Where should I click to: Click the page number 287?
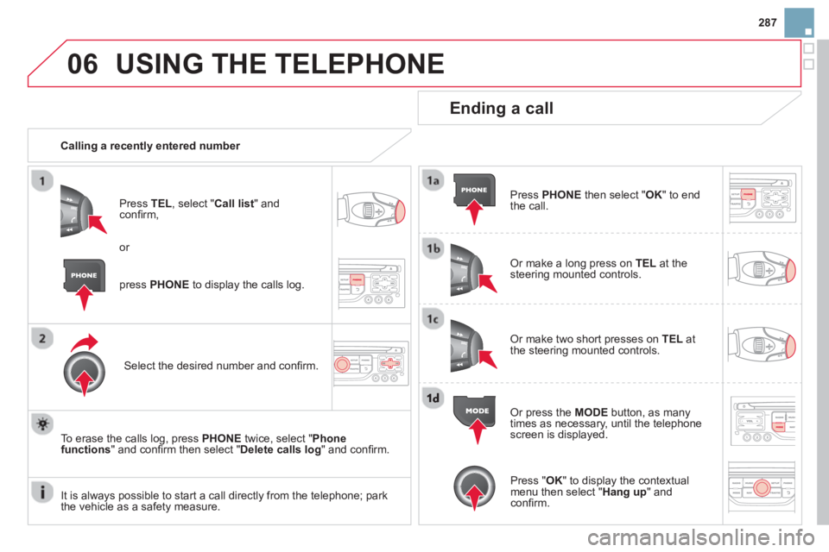point(767,22)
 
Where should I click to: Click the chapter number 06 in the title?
point(83,64)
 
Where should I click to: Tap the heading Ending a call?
point(501,109)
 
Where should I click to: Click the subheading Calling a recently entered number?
point(150,146)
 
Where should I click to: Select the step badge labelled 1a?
point(433,180)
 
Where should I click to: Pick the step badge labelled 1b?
point(433,248)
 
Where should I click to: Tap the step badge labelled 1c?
point(433,319)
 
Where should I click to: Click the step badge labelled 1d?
point(433,398)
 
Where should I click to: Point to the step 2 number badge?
point(42,338)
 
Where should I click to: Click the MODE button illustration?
point(475,411)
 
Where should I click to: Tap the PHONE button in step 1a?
point(474,190)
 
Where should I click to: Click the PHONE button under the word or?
point(84,275)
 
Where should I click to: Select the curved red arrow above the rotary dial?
point(85,342)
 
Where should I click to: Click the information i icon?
point(42,492)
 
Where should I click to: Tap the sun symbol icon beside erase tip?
point(42,424)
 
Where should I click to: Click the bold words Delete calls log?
point(280,449)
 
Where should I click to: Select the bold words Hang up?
point(624,492)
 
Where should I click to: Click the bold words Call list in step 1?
point(234,204)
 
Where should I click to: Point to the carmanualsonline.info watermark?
point(700,537)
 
